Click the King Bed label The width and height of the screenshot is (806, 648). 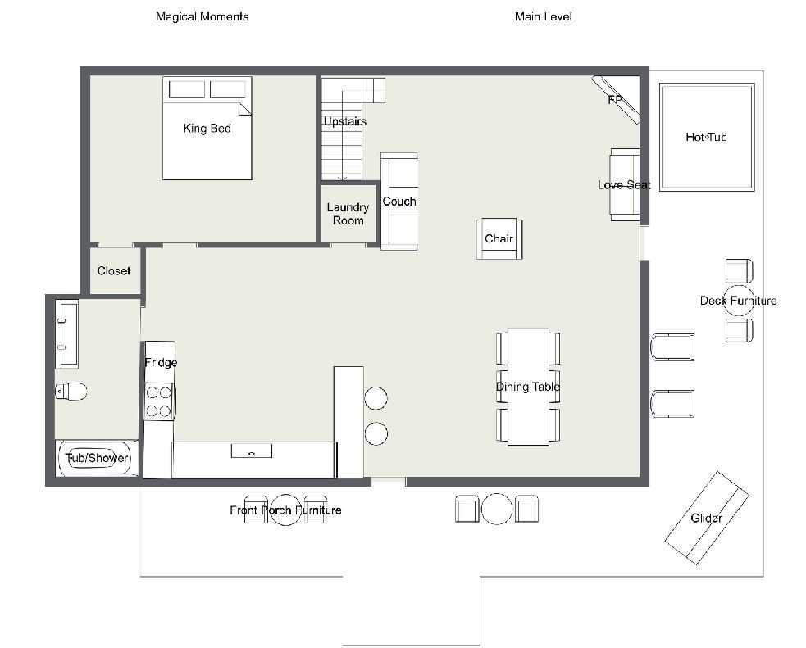point(207,129)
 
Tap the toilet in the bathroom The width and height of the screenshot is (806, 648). point(71,392)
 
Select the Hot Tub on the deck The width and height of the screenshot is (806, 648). point(707,137)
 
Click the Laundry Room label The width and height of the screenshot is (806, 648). point(348,214)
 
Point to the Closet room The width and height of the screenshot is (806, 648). point(114,270)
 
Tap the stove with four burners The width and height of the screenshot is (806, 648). point(159,401)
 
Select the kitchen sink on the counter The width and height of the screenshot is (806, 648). point(252,451)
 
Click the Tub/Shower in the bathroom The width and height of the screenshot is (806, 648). point(97,458)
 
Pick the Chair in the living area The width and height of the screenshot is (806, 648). point(499,238)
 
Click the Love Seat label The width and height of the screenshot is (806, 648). point(624,185)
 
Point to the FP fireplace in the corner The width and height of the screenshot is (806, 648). point(616,100)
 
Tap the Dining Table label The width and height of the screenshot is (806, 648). point(528,387)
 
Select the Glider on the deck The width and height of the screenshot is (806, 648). point(707,518)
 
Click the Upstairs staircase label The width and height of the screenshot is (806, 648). point(345,122)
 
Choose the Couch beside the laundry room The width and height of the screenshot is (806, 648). point(398,202)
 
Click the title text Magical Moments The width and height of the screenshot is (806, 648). point(202,16)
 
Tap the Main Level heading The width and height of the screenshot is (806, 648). point(544,16)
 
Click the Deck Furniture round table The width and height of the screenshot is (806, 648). point(739,301)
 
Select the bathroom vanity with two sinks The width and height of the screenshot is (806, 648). point(66,334)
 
